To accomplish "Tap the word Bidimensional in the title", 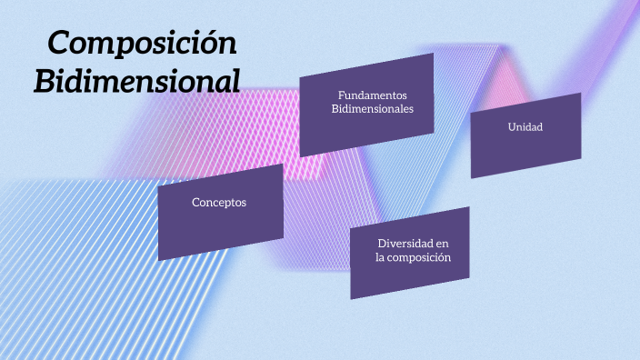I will (137, 80).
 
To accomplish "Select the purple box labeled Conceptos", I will (220, 212).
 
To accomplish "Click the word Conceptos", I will (219, 202).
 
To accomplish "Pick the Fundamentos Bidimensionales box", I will (366, 104).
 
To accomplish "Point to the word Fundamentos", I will (372, 95).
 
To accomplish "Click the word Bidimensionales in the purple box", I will (372, 108).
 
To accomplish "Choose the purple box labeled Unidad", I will (525, 135).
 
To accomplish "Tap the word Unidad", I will (525, 126).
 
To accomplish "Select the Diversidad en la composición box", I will (410, 253).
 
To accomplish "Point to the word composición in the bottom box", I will (420, 257).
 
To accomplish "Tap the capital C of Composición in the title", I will (59, 43).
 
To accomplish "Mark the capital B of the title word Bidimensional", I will (45, 80).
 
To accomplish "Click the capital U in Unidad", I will (512, 126).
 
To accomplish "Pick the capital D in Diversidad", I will (382, 244).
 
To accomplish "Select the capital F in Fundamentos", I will (341, 95).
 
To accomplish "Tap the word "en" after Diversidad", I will (442, 244).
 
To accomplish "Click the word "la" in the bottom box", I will (380, 257).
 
